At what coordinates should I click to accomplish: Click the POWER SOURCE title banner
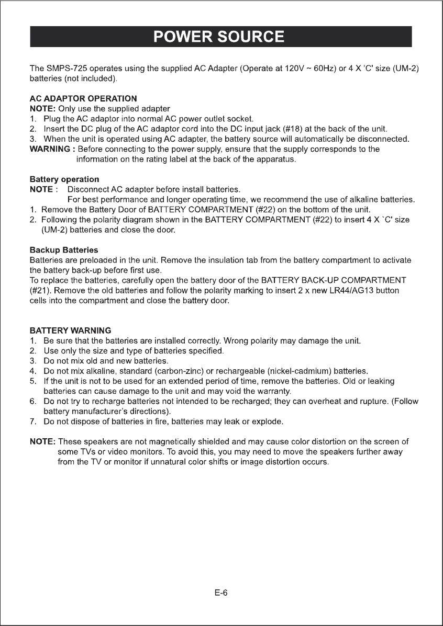(220, 37)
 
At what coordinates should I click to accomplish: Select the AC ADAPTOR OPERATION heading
(84, 98)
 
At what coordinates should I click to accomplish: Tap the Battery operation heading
(64, 179)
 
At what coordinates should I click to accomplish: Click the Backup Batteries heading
(63, 249)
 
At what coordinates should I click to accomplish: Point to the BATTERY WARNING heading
(70, 331)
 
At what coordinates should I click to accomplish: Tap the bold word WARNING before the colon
(50, 149)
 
